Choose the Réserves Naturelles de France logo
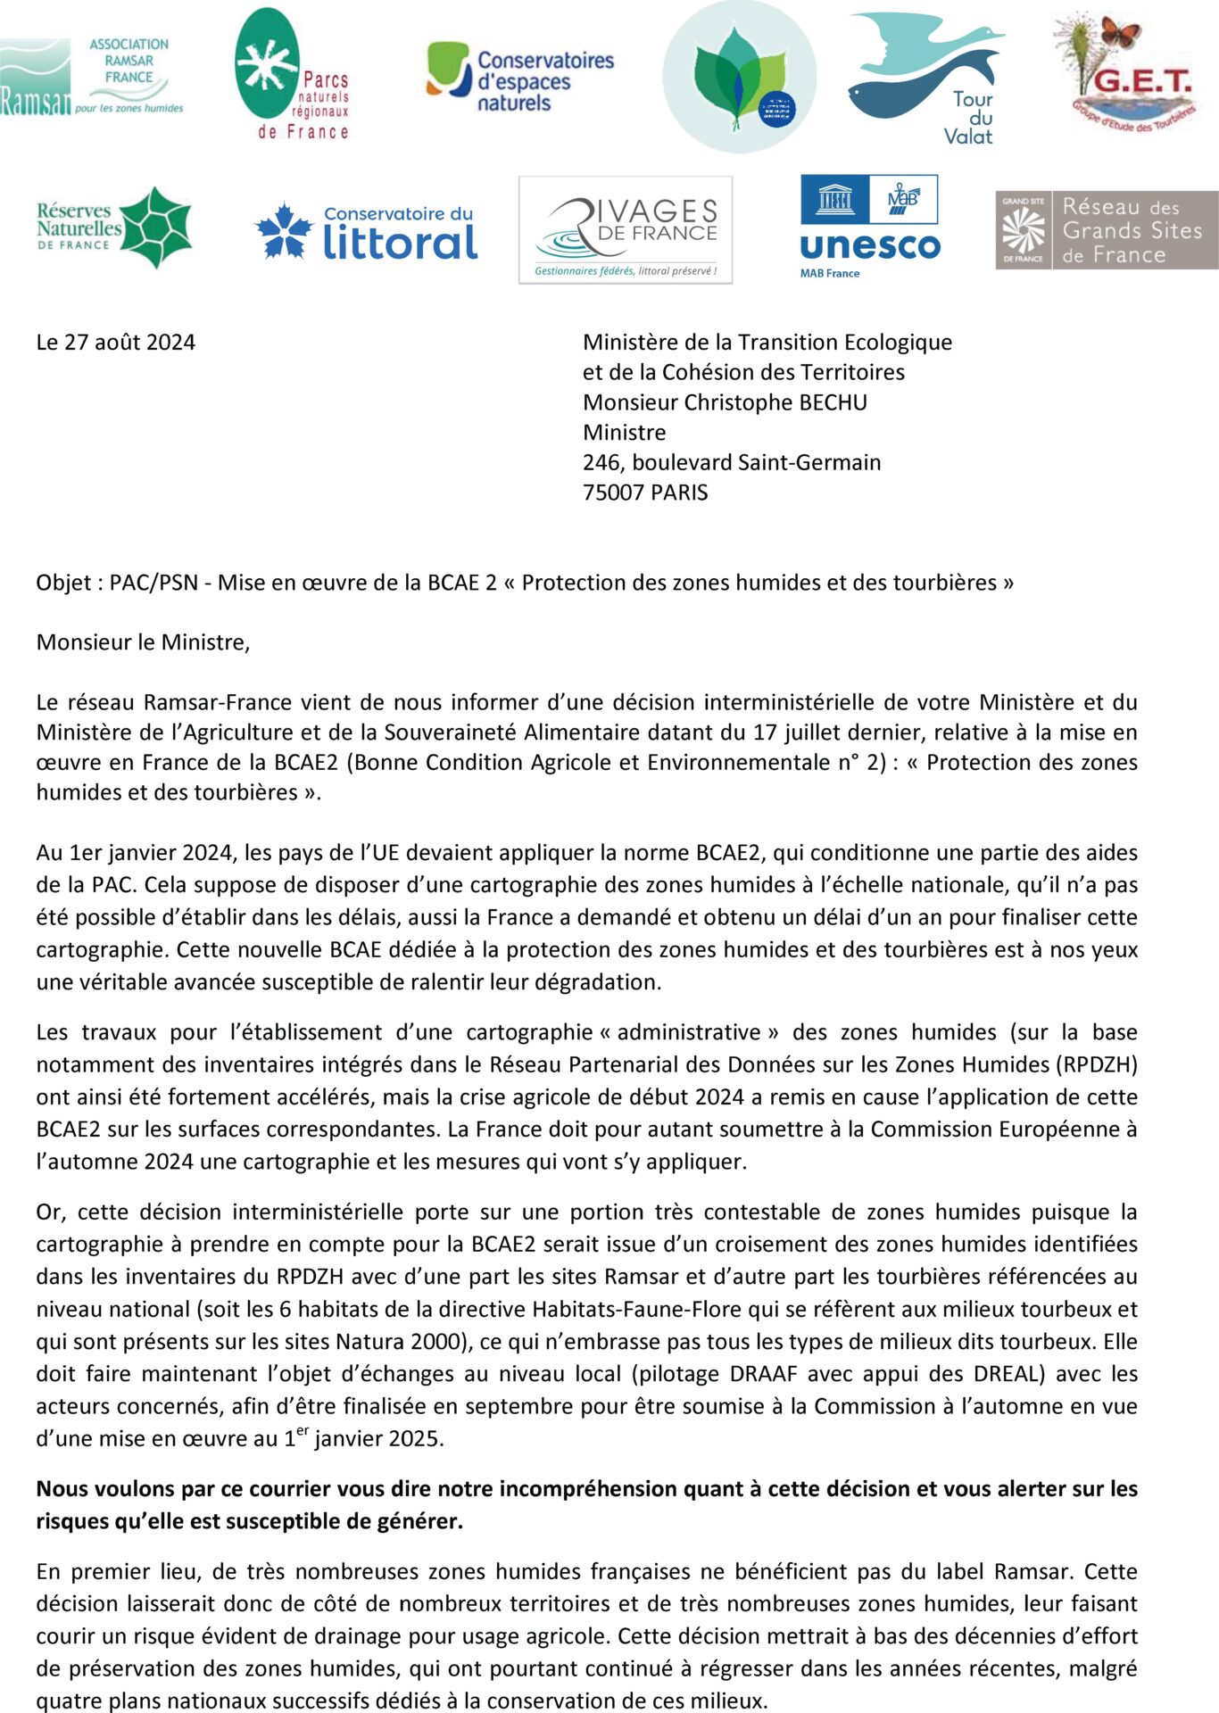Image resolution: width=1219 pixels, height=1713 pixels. [x=113, y=228]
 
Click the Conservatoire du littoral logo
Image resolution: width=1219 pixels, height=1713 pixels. [x=366, y=231]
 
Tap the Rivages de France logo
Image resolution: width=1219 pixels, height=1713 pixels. [x=625, y=230]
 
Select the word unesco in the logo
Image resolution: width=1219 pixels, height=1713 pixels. [x=870, y=246]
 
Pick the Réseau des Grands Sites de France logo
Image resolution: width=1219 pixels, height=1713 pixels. [x=1107, y=230]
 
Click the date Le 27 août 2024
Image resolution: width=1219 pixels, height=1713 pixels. [x=115, y=343]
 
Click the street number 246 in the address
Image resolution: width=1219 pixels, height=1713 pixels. [x=601, y=462]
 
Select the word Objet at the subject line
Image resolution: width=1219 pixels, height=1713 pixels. [x=64, y=583]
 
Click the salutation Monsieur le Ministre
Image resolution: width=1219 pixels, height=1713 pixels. [x=143, y=642]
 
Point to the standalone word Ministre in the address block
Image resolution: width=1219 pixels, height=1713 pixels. [x=624, y=433]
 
